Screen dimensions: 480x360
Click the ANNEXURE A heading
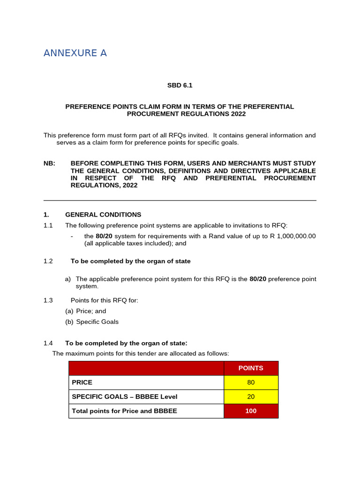[x=75, y=53]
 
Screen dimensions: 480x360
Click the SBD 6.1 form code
[x=180, y=85]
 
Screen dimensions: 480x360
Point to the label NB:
[x=49, y=163]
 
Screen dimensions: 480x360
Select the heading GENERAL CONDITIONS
[x=103, y=215]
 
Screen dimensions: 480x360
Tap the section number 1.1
[x=48, y=225]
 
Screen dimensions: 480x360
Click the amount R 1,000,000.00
[x=294, y=236]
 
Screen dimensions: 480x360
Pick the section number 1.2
[x=48, y=261]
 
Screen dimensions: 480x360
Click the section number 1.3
[x=48, y=300]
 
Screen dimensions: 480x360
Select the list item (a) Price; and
[x=86, y=311]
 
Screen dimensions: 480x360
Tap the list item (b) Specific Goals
[x=92, y=322]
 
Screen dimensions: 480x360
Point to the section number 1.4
[x=48, y=343]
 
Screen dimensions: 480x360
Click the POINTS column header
[x=251, y=368]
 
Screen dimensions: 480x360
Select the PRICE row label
[x=82, y=382]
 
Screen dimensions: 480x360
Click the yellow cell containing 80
[x=251, y=382]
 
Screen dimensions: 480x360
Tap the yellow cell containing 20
[x=251, y=397]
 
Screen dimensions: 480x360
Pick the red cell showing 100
[x=251, y=411]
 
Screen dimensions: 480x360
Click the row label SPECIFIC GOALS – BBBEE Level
[x=124, y=397]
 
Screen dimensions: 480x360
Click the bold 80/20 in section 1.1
[x=103, y=236]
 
